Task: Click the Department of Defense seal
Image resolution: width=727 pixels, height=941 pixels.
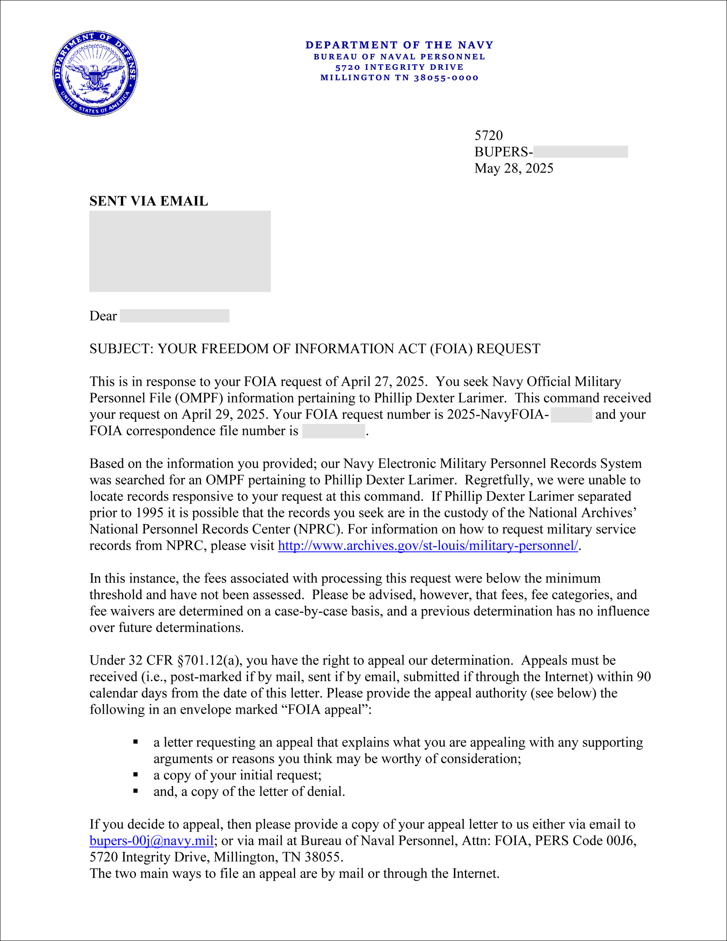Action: (x=95, y=73)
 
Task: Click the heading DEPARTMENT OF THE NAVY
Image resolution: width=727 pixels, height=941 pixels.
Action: (x=399, y=45)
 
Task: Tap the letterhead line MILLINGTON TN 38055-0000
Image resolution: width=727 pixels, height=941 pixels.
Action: (x=399, y=78)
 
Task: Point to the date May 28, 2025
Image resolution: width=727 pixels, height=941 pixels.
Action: (x=514, y=169)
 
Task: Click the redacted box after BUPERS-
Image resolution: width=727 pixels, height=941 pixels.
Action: (x=580, y=152)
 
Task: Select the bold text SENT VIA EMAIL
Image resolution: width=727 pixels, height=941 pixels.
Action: (x=148, y=201)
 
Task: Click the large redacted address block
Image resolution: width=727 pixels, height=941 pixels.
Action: (x=180, y=251)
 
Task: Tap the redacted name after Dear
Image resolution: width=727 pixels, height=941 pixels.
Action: (x=174, y=316)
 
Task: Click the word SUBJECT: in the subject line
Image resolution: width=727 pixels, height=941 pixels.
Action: (x=121, y=349)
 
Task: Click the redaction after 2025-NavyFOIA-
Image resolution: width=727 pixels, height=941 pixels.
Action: (x=571, y=415)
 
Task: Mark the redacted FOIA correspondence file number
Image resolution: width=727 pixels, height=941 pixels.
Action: (x=334, y=431)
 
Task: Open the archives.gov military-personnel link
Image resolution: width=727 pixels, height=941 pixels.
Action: (x=428, y=546)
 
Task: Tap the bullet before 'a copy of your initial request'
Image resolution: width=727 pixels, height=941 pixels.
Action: (x=136, y=775)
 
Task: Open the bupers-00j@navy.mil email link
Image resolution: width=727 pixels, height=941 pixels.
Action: (x=152, y=840)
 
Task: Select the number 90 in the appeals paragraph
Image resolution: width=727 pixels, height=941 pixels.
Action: (x=644, y=677)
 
